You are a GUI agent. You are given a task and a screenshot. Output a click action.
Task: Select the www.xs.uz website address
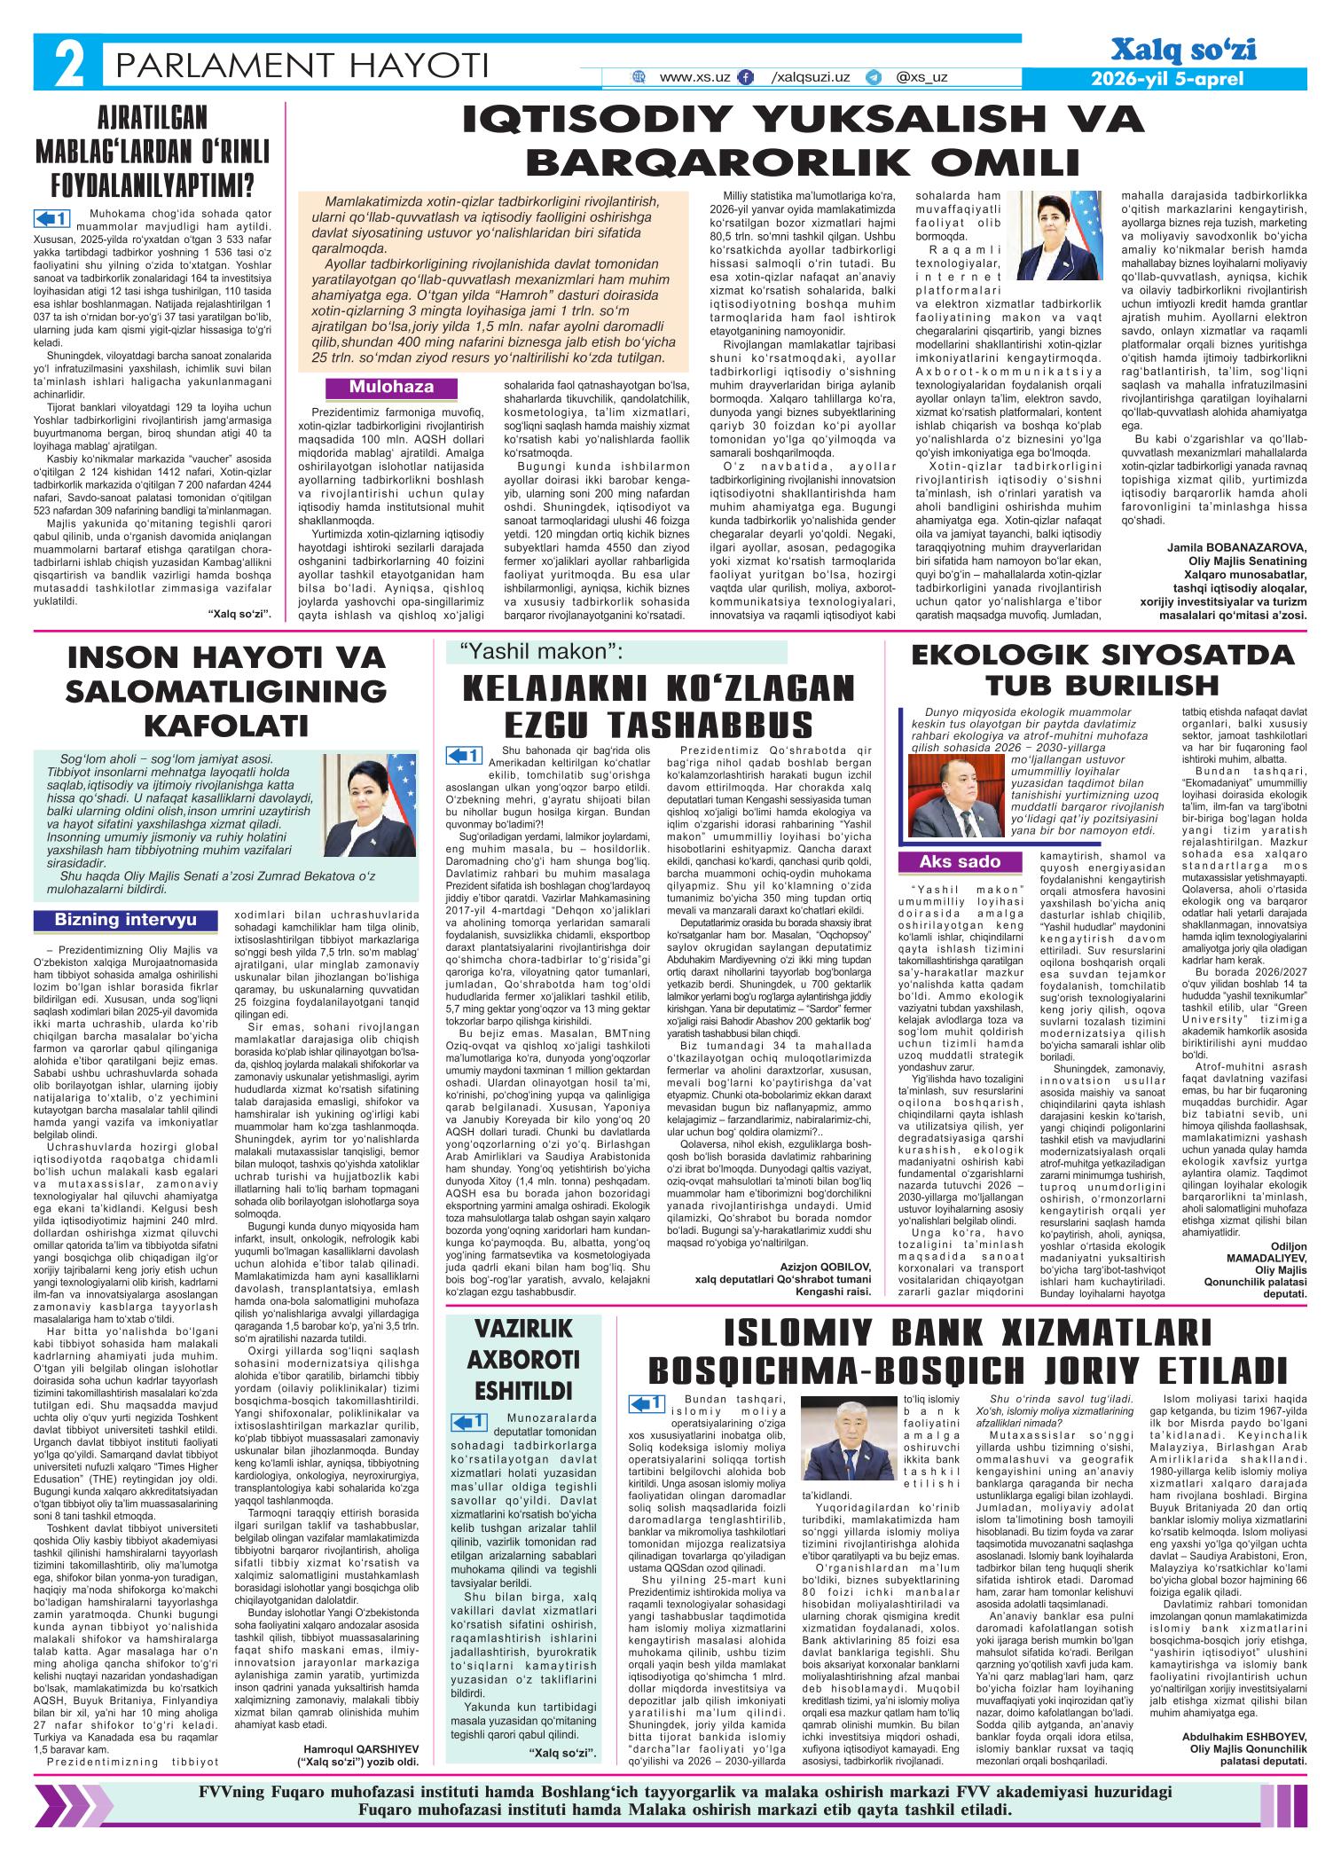click(694, 77)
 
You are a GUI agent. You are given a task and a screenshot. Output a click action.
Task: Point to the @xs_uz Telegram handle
click(921, 77)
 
